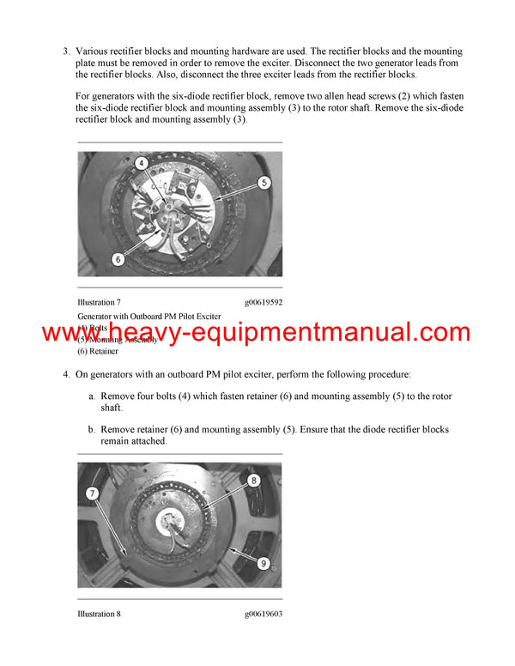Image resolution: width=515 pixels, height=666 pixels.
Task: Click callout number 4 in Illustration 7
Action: pos(141,163)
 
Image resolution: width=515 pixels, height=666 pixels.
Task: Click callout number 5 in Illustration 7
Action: pos(264,182)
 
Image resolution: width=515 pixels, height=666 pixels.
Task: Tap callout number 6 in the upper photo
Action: pos(118,258)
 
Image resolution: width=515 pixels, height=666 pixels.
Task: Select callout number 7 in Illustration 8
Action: pos(92,493)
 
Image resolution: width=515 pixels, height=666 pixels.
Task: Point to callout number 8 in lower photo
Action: pos(254,481)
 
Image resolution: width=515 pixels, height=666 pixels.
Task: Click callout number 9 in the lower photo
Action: pos(264,564)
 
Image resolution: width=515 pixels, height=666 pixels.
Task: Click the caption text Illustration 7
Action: pos(99,302)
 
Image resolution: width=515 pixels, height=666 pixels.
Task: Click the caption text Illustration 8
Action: pos(99,614)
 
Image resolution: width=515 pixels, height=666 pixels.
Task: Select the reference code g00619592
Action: pos(263,302)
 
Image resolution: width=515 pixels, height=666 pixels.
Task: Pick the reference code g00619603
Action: pos(263,614)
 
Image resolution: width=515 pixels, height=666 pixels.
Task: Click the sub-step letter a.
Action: pos(91,397)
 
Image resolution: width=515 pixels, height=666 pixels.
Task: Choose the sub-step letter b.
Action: pos(91,429)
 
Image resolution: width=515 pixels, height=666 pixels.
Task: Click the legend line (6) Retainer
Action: pos(98,351)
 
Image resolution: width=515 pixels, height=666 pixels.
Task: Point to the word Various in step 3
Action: pos(94,51)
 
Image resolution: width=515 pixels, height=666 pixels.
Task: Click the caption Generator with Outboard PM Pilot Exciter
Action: pos(148,317)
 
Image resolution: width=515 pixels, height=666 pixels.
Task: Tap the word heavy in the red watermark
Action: pos(150,333)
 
